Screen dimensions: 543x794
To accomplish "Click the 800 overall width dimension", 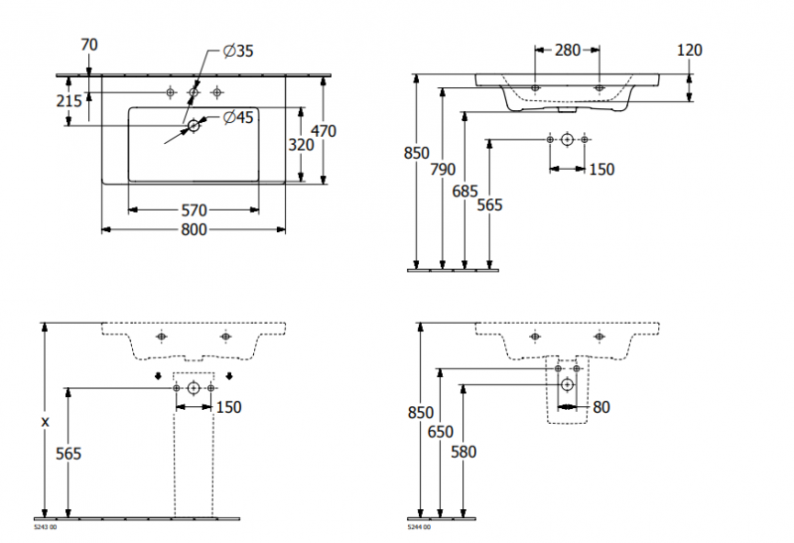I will (x=194, y=230).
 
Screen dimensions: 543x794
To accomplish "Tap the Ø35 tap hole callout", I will (x=239, y=52).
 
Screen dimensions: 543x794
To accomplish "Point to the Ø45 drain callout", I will (x=239, y=118).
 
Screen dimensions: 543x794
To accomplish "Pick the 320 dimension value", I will (x=301, y=145).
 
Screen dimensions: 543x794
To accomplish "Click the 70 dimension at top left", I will (x=89, y=44).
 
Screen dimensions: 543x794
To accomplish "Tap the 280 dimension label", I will (x=567, y=50).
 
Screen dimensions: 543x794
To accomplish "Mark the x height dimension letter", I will (x=45, y=421).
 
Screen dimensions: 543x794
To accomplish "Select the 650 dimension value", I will (x=442, y=432).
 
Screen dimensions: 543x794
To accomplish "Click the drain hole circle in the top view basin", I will (x=195, y=125).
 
